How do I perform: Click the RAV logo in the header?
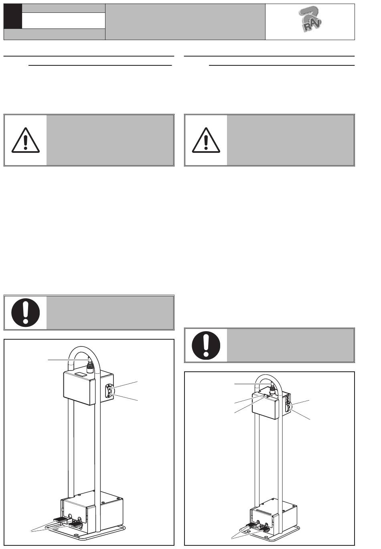310,22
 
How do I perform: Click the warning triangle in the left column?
25,140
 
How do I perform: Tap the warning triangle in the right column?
206,140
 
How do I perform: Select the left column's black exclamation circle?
25,312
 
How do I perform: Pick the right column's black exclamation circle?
206,345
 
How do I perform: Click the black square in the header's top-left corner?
12,16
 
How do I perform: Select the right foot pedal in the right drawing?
265,527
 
